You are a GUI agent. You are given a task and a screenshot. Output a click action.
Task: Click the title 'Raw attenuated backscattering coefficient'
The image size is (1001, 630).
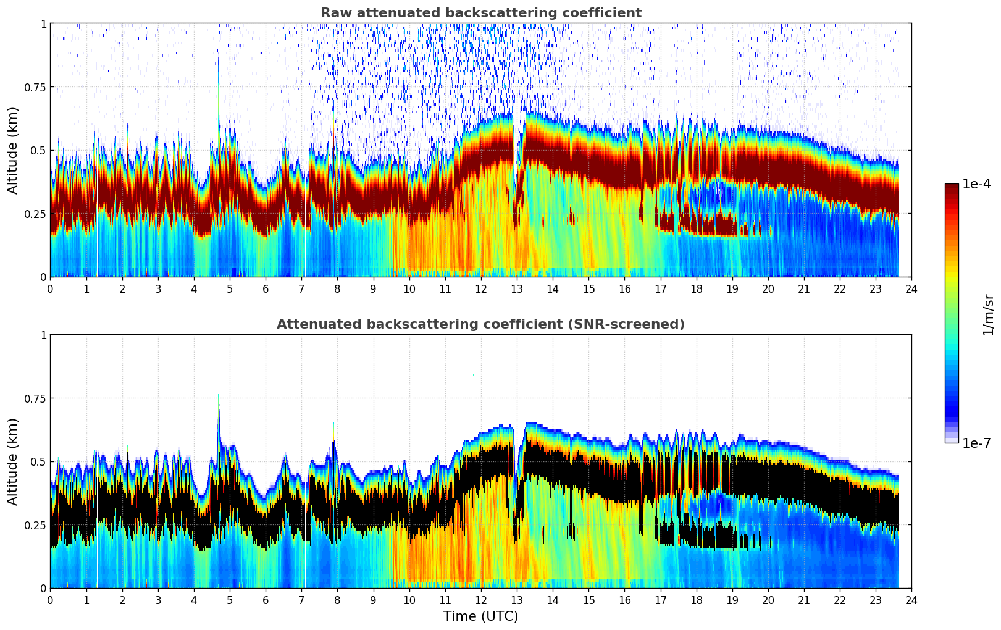point(480,13)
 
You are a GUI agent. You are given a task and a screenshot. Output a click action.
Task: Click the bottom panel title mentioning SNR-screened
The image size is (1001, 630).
point(480,324)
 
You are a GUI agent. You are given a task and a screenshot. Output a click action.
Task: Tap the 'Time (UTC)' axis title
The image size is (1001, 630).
point(480,616)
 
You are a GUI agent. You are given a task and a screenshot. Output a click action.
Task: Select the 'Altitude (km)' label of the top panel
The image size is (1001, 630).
point(13,150)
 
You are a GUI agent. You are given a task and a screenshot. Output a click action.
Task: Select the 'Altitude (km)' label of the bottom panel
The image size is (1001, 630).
point(13,461)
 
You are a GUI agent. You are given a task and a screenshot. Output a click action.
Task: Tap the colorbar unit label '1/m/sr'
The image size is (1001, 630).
point(988,315)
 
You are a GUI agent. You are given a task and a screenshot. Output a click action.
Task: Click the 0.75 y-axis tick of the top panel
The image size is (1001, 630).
point(35,87)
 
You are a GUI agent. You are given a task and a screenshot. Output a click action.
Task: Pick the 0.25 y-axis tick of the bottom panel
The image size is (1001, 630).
point(35,525)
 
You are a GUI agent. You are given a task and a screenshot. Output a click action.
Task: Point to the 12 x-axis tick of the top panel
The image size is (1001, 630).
point(481,289)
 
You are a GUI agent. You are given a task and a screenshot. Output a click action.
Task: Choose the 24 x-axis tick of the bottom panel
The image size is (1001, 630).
point(911,600)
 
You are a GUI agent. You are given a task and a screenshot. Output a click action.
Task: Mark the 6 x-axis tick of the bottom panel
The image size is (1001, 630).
point(266,600)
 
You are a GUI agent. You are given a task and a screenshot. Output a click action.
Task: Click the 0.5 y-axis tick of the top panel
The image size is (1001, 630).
point(38,151)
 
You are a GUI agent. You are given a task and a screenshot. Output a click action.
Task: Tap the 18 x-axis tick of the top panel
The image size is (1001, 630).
point(696,289)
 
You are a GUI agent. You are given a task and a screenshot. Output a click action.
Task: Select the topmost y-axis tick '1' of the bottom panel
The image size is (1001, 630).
point(43,335)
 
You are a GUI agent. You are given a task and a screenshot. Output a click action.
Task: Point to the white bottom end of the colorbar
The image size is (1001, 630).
point(952,440)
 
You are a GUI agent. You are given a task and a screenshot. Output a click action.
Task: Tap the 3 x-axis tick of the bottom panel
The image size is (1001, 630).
point(158,600)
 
